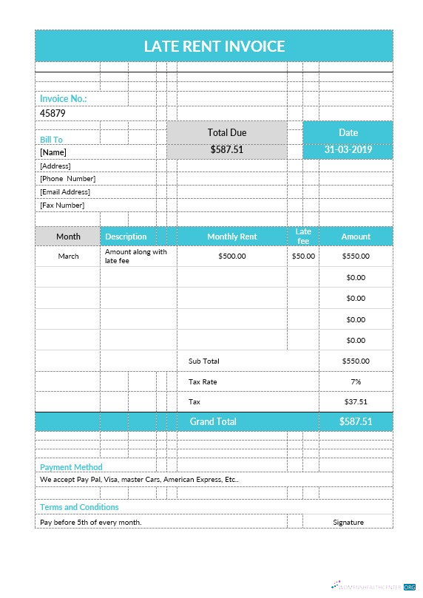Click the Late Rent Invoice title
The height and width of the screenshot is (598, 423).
click(x=214, y=46)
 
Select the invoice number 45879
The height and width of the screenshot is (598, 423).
click(x=53, y=113)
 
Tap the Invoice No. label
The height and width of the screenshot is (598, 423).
click(x=63, y=98)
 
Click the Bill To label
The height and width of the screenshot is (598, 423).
click(x=51, y=139)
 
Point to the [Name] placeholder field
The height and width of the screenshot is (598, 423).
click(x=53, y=152)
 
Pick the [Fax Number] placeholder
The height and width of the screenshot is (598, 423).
click(x=62, y=205)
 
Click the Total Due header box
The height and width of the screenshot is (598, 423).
click(x=227, y=132)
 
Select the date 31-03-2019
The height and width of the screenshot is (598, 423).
click(x=348, y=149)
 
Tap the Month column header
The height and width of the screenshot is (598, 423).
click(x=68, y=236)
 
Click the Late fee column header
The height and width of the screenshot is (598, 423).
click(x=303, y=236)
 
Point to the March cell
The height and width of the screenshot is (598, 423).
click(x=68, y=256)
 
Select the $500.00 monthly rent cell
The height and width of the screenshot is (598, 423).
click(x=232, y=256)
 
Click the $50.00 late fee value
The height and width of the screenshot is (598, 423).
click(x=303, y=256)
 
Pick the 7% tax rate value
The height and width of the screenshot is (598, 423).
click(x=356, y=381)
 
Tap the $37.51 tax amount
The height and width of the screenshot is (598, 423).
click(x=356, y=401)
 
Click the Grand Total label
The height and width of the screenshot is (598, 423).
click(x=213, y=421)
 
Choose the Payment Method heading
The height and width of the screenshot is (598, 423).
click(x=71, y=467)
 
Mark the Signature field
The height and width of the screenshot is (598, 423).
click(x=348, y=522)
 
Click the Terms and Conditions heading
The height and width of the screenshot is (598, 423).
click(x=79, y=507)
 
